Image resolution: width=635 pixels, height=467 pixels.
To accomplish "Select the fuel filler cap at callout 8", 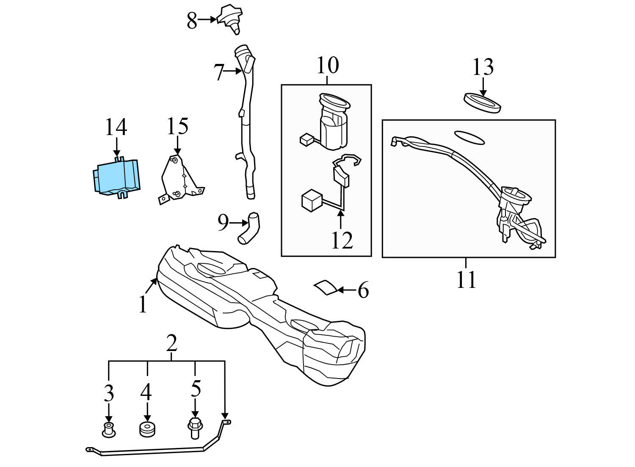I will click(230, 19).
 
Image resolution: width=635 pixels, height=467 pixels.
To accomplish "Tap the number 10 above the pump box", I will click(328, 65).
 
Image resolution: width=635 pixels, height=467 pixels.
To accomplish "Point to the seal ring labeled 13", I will click(483, 103).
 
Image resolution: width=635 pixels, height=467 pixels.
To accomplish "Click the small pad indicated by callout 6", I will click(326, 287).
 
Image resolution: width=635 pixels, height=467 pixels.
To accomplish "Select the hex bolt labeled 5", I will click(195, 428).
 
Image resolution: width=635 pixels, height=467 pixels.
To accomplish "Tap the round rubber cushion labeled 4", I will click(146, 429).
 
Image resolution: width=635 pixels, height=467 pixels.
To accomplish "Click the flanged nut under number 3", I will click(109, 429).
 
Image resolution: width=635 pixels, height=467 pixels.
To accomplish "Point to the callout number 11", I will click(466, 279).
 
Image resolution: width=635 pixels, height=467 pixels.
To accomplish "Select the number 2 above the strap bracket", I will click(171, 344).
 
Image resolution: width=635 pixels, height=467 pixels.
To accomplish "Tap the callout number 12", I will click(342, 240).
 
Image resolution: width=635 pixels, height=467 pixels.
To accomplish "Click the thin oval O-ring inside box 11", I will click(469, 138).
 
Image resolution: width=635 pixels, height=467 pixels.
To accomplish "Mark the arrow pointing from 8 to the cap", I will click(207, 19).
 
